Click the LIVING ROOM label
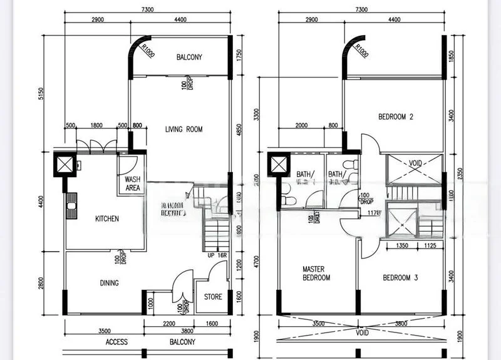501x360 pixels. [183, 130]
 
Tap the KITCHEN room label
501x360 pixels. [106, 219]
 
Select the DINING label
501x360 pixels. [109, 283]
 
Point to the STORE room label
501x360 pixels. [213, 297]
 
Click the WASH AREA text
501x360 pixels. [133, 183]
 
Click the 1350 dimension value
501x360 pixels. [403, 246]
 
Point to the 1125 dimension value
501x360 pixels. [432, 246]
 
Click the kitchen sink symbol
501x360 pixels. [71, 205]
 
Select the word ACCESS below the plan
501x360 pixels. [116, 342]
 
